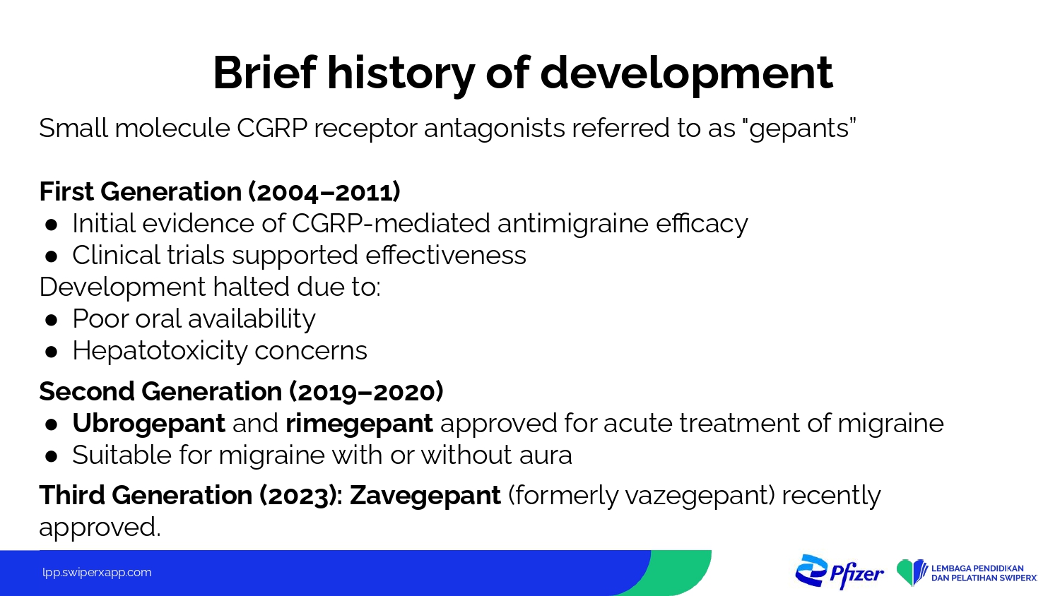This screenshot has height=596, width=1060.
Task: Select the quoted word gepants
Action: (802, 129)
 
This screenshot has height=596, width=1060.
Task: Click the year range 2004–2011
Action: (324, 191)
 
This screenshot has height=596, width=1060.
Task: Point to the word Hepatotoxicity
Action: (160, 351)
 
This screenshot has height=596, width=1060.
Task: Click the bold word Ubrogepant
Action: (148, 424)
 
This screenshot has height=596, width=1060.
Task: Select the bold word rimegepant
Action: (359, 424)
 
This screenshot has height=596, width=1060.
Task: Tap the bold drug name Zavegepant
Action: (425, 496)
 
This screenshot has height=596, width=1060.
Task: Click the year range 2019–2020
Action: (366, 392)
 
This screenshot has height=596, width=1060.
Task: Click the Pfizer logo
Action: (839, 573)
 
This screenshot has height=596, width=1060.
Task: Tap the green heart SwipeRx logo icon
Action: (912, 573)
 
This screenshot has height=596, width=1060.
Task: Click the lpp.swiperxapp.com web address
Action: (97, 573)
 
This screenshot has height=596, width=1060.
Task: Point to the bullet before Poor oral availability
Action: (51, 320)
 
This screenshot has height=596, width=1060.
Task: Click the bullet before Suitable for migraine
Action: (51, 456)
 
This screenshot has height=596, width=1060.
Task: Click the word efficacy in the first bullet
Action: (702, 224)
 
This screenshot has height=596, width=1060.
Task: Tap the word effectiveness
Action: (446, 256)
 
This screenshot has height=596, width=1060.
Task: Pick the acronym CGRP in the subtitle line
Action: (272, 129)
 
